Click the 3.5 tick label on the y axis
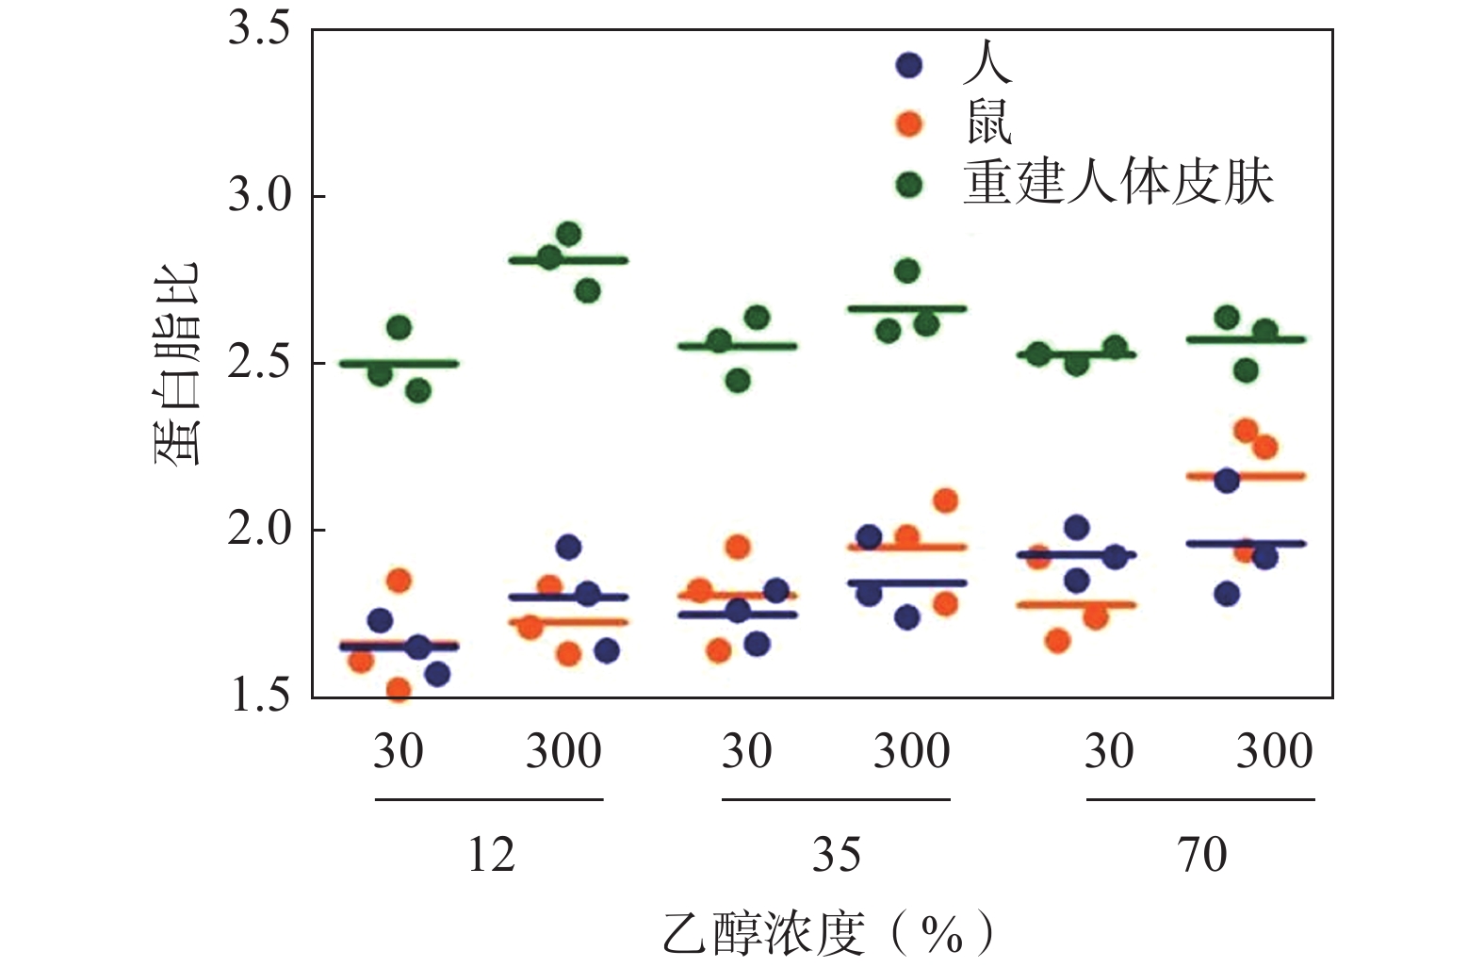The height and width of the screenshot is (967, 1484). tap(258, 30)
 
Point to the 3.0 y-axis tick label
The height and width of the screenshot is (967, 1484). tap(258, 196)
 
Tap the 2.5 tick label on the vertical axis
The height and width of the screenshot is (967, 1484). tap(258, 363)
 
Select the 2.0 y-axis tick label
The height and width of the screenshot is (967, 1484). tap(258, 530)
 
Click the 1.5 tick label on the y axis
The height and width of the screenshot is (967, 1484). tap(258, 696)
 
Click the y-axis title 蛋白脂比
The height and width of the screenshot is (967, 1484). tap(176, 363)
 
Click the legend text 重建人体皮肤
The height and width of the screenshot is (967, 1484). tap(1117, 183)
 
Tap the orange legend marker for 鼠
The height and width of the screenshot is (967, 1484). tap(908, 123)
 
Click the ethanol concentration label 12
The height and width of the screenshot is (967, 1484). tap(491, 855)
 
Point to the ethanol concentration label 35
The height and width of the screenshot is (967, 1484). tap(836, 855)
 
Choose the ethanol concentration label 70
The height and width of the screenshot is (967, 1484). tap(1201, 855)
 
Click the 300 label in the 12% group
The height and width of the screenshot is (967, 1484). tap(563, 751)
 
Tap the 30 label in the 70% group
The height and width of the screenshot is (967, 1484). tap(1108, 751)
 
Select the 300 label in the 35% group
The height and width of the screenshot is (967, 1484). tap(911, 751)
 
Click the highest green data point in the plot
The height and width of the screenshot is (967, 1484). tap(568, 234)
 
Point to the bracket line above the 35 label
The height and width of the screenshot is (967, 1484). tap(836, 799)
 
